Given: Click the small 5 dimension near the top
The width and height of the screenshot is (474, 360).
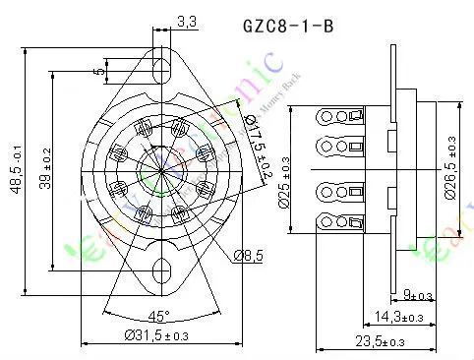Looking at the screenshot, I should coord(98,70).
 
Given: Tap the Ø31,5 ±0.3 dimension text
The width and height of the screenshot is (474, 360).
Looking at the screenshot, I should coord(159,336).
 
